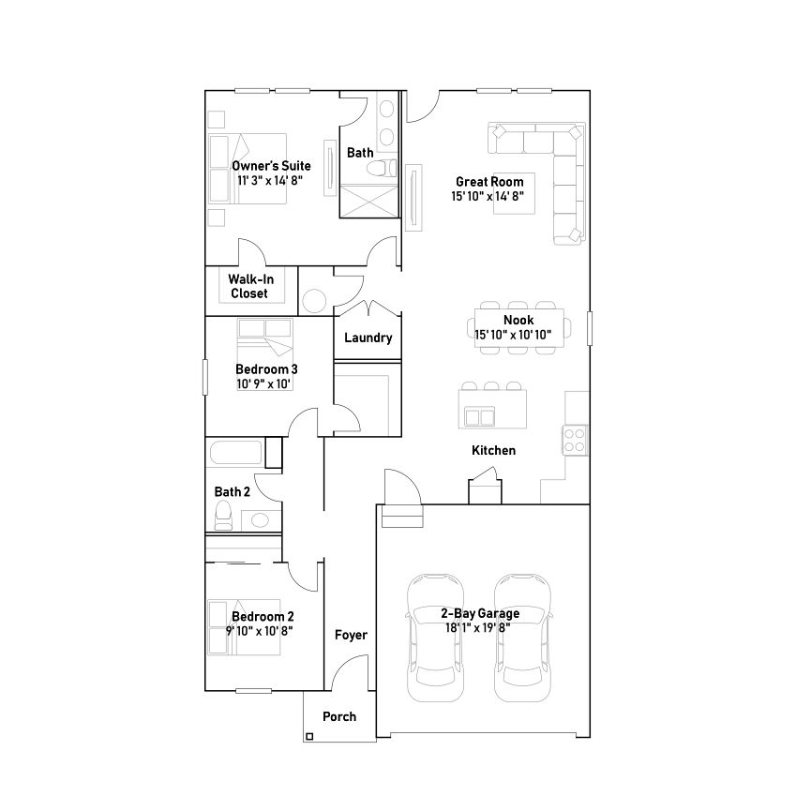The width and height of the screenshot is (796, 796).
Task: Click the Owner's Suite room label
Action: [271, 166]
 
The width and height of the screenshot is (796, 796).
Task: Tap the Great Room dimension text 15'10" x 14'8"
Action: [488, 196]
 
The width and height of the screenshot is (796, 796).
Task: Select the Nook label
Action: [518, 320]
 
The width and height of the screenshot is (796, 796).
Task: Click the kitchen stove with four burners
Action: [575, 440]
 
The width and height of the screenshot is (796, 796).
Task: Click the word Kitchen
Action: [493, 450]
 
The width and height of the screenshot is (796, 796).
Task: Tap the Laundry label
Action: [368, 338]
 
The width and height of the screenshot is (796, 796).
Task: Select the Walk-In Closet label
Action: [250, 286]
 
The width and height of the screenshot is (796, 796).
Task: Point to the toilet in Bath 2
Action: [223, 516]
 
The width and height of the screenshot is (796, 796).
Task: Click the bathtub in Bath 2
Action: [236, 453]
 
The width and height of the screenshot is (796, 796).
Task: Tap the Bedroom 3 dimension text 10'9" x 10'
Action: [263, 383]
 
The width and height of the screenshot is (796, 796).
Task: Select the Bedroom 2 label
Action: [263, 616]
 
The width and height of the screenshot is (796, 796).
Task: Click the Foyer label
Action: [351, 635]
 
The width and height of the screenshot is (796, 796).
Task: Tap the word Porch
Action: [339, 717]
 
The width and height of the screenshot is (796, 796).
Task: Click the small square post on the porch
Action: [309, 737]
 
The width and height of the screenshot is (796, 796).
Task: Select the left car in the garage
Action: [436, 638]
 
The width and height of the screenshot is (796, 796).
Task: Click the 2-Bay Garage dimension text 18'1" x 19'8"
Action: [478, 628]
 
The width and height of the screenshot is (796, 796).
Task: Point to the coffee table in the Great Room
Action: [514, 193]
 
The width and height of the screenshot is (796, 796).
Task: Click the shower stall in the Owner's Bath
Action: [369, 202]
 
